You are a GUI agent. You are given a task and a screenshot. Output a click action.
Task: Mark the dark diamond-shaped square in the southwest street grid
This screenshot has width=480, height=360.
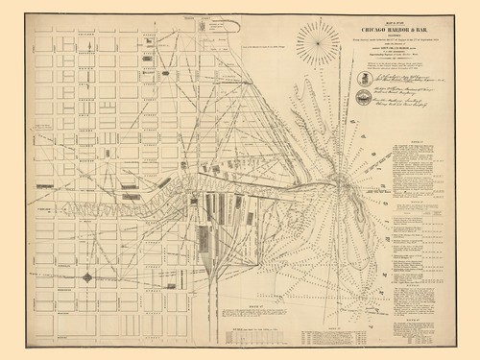86,277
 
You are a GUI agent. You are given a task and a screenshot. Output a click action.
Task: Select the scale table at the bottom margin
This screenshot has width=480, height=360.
259,331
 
